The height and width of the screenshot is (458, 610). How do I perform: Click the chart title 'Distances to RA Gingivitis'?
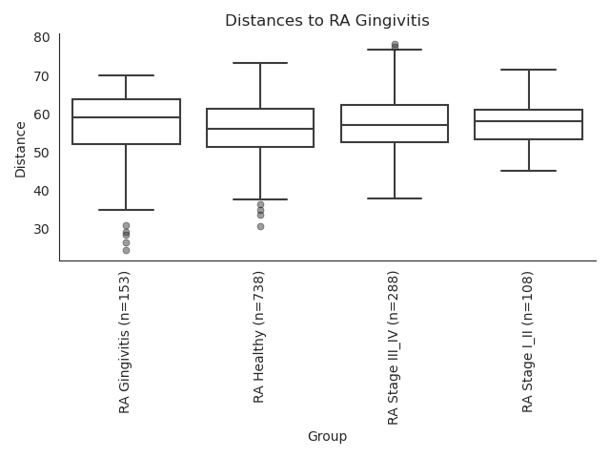pos(327,20)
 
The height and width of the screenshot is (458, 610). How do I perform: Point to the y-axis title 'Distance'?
pos(20,150)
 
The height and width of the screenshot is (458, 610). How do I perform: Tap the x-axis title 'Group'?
pos(327,436)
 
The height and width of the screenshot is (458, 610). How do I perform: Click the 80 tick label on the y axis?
pos(42,38)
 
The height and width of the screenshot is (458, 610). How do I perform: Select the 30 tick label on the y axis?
pos(42,229)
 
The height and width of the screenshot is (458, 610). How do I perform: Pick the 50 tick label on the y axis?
pos(42,153)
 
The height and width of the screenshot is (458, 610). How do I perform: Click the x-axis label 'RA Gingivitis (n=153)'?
pos(124,343)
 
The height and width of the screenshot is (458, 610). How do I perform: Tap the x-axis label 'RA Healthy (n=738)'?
pos(258,337)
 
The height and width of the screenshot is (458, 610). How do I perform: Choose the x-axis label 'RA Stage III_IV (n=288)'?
pos(393,348)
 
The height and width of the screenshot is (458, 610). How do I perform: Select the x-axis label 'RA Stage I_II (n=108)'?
pos(527,342)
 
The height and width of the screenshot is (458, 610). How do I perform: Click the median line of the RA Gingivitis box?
pos(127,117)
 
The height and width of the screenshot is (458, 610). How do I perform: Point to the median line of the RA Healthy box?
pos(260,129)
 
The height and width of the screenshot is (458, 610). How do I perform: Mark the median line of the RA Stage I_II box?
pos(529,121)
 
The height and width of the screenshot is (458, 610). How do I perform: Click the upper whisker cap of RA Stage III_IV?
pos(395,50)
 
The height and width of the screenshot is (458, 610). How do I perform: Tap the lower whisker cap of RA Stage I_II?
pos(529,171)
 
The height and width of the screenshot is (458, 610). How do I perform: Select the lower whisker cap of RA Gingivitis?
pos(127,210)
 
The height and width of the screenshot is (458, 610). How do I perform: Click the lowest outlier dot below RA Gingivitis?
pos(127,250)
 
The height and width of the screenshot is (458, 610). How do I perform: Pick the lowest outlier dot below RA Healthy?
pos(260,227)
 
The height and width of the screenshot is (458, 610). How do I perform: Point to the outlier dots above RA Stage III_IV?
pos(395,45)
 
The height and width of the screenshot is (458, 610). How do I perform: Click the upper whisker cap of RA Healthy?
pos(260,63)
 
